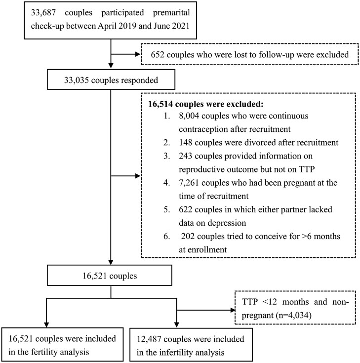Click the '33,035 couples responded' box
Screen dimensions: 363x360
click(x=111, y=80)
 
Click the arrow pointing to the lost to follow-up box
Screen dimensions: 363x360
click(x=138, y=55)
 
